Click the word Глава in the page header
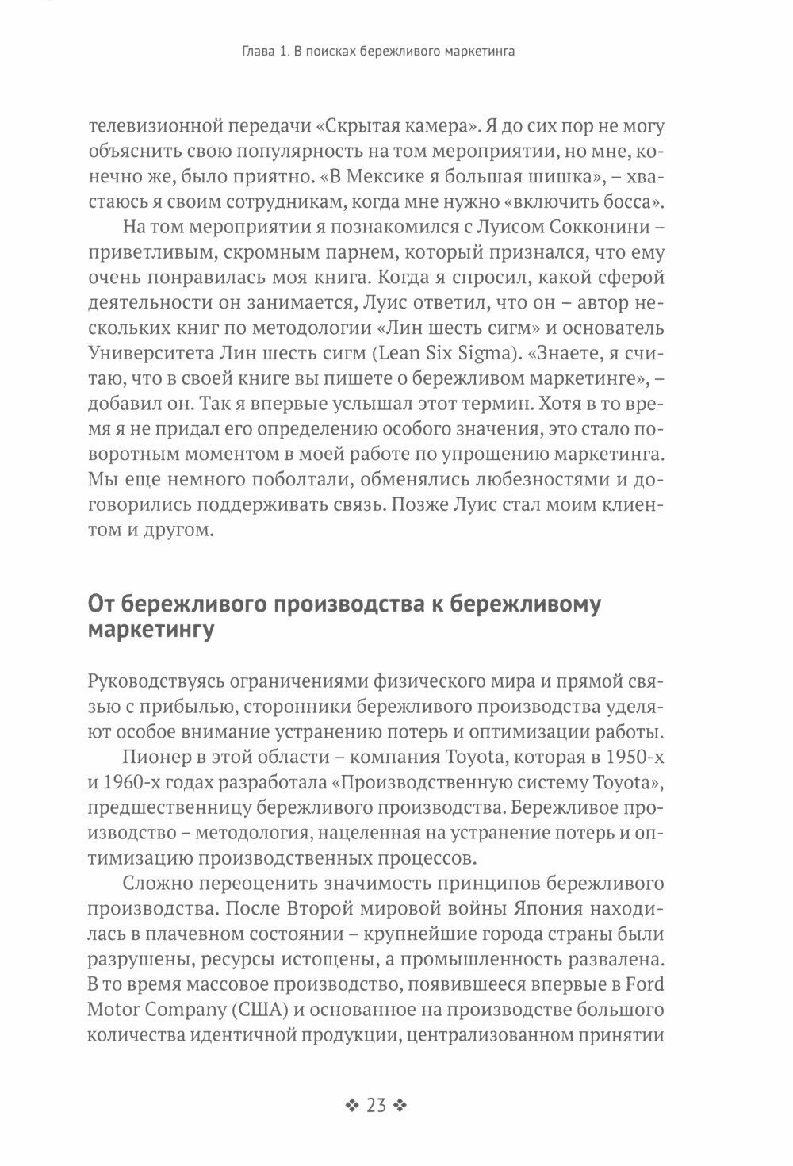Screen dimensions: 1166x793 pyautogui.click(x=260, y=53)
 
